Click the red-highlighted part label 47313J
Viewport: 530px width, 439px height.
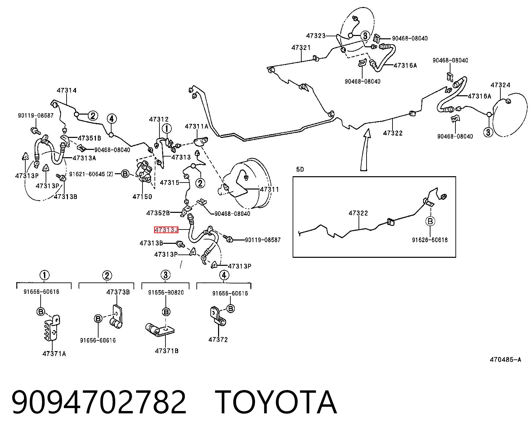[166, 230]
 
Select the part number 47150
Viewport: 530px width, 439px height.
[142, 197]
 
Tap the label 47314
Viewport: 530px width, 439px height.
[67, 90]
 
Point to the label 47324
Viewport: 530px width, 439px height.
[500, 85]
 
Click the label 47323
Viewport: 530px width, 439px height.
[316, 36]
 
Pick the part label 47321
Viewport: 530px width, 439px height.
[301, 48]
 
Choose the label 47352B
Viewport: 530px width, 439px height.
[158, 213]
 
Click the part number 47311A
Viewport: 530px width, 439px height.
[196, 126]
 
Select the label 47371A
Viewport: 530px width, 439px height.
[54, 354]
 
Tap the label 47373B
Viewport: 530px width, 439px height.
[118, 292]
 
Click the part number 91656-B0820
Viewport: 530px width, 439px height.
[166, 292]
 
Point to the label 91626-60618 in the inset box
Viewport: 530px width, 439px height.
[430, 240]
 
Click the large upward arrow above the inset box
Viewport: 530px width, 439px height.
[365, 150]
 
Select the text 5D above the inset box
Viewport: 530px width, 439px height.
[300, 169]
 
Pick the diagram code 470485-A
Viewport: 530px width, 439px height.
[505, 359]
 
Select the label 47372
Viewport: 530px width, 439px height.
[218, 339]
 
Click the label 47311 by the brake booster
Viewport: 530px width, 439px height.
[269, 189]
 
